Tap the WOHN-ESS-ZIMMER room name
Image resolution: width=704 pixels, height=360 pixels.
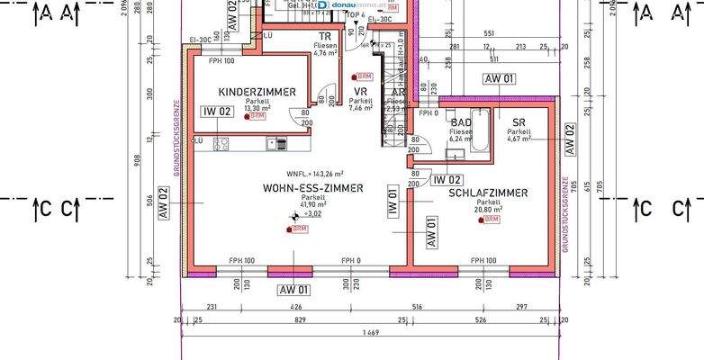(x=312, y=188)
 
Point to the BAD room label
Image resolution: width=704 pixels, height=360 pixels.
(x=460, y=121)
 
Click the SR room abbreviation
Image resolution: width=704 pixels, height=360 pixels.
(x=519, y=121)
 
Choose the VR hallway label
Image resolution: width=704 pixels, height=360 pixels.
(x=359, y=92)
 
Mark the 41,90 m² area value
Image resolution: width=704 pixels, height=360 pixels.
(x=312, y=205)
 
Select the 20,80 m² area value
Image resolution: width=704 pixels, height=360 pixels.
(x=491, y=210)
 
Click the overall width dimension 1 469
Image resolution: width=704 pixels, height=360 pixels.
(x=370, y=333)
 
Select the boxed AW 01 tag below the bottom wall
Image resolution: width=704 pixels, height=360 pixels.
(x=294, y=290)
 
